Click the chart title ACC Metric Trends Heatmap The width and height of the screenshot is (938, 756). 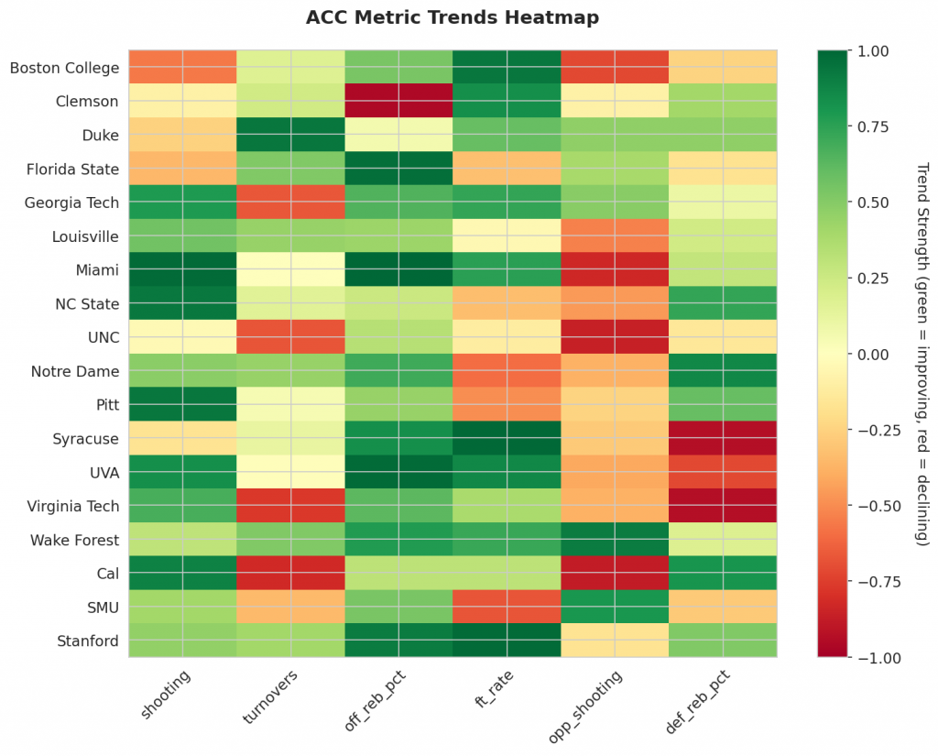click(453, 18)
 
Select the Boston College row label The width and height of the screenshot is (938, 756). click(64, 68)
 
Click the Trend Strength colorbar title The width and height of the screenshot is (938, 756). click(922, 354)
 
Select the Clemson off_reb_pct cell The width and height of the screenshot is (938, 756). click(398, 102)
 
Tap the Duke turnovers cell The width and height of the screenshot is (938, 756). click(290, 136)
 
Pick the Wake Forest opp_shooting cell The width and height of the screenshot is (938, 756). click(615, 540)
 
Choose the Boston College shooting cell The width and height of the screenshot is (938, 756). click(182, 68)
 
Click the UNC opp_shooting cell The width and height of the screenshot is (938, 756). click(615, 338)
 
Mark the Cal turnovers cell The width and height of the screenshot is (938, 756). click(290, 574)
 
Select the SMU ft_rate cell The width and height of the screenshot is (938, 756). click(507, 608)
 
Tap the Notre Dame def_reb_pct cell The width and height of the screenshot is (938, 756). click(723, 372)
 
